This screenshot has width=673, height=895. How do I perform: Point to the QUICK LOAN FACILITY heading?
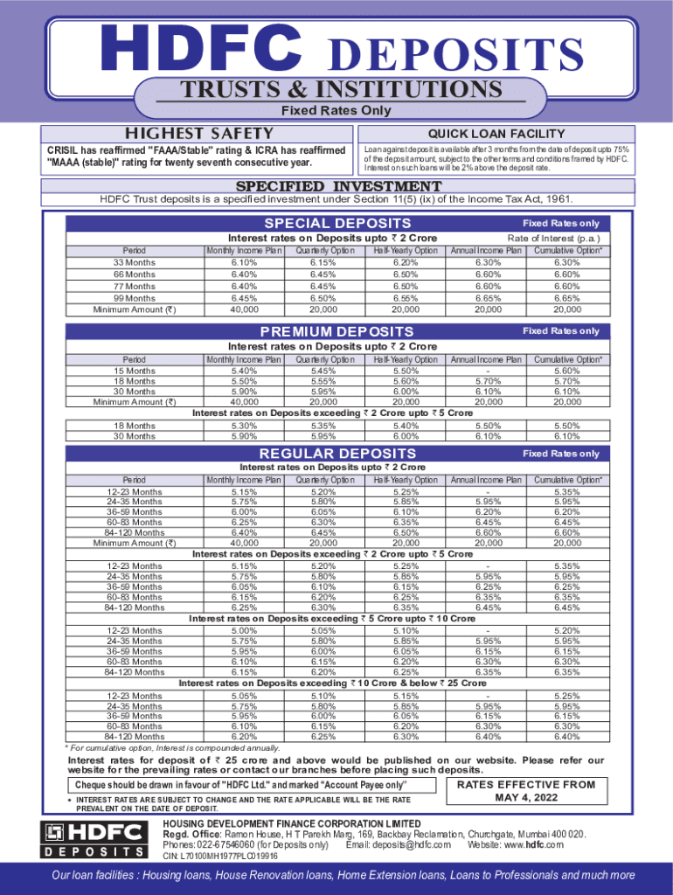pos(495,134)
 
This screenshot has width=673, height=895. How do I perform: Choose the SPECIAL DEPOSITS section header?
pos(337,224)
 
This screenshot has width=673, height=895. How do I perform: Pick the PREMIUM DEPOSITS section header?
pos(337,332)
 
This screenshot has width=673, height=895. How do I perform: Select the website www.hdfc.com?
pos(535,845)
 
